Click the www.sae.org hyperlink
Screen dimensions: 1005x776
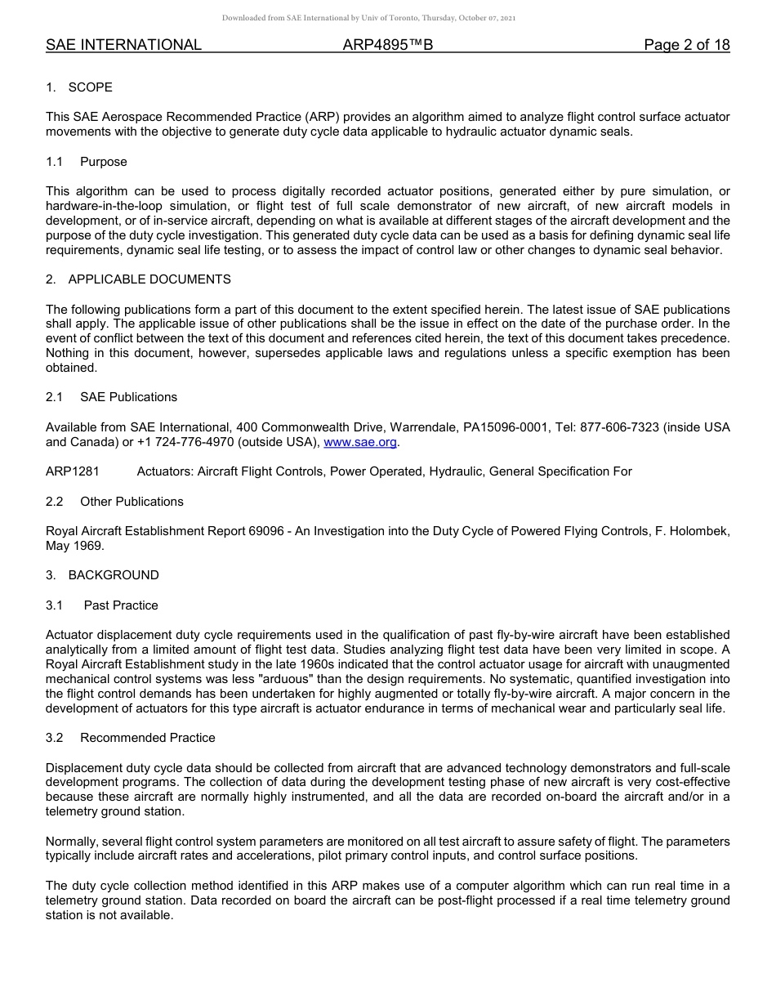click(360, 442)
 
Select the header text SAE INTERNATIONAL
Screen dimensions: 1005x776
click(123, 45)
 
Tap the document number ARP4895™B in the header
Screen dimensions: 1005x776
click(387, 45)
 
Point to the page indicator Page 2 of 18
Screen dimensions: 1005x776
click(686, 45)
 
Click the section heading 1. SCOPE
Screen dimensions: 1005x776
click(79, 87)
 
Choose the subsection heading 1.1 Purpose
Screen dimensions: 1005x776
click(87, 162)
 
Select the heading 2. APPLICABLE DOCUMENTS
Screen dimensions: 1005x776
click(138, 279)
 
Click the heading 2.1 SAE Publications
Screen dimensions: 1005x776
click(111, 397)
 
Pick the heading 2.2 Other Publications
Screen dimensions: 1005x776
click(114, 502)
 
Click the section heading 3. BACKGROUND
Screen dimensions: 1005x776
click(102, 575)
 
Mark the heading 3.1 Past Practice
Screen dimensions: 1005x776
click(102, 605)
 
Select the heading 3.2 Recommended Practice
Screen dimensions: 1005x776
click(131, 738)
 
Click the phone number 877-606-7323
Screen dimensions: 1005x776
click(619, 427)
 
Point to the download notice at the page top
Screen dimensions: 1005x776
click(368, 18)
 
